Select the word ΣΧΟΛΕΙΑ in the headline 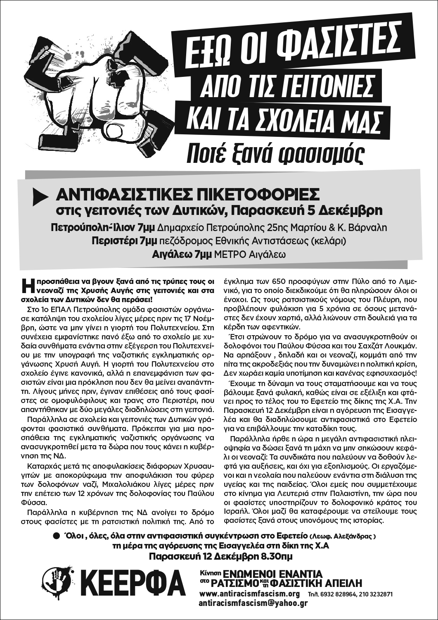[x=301, y=118]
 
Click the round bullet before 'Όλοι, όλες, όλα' [x=57, y=536]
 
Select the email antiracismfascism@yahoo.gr [x=253, y=603]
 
